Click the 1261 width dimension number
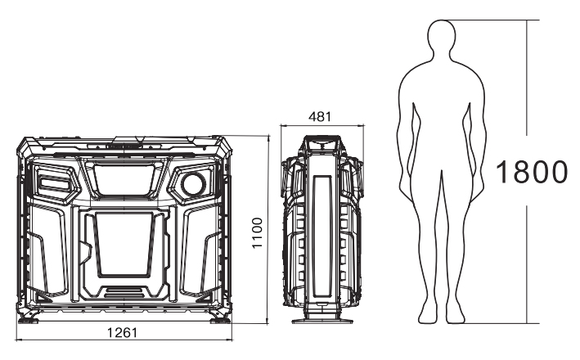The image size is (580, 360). (x=122, y=333)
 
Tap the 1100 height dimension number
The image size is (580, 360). (x=257, y=233)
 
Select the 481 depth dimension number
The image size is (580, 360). (x=320, y=117)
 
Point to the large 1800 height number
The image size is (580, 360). (x=531, y=172)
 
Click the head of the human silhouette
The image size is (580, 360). (x=441, y=36)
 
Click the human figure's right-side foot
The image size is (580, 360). (x=456, y=313)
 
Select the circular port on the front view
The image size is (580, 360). (x=193, y=184)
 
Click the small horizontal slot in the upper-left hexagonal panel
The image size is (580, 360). (x=56, y=182)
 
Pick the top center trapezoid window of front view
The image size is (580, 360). (x=124, y=179)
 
